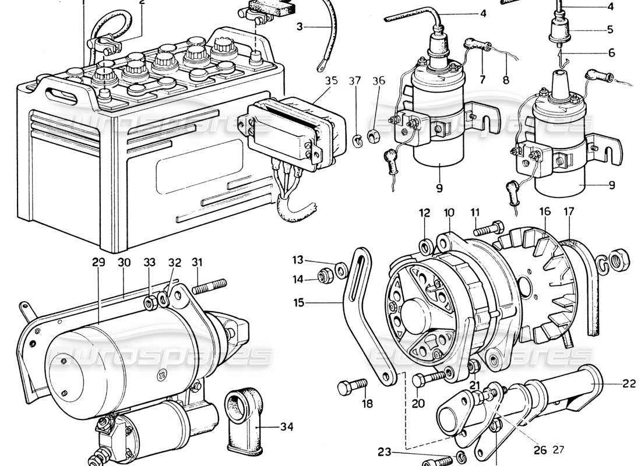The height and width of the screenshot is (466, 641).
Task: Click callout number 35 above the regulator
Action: click(x=331, y=81)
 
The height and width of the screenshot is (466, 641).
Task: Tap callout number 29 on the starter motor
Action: click(x=98, y=263)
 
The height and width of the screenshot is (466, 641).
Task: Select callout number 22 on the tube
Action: click(x=611, y=383)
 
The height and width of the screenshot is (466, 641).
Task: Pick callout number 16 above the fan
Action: click(x=544, y=213)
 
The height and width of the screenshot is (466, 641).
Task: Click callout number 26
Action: click(x=540, y=450)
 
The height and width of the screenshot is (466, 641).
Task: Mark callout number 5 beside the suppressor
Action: click(x=611, y=29)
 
